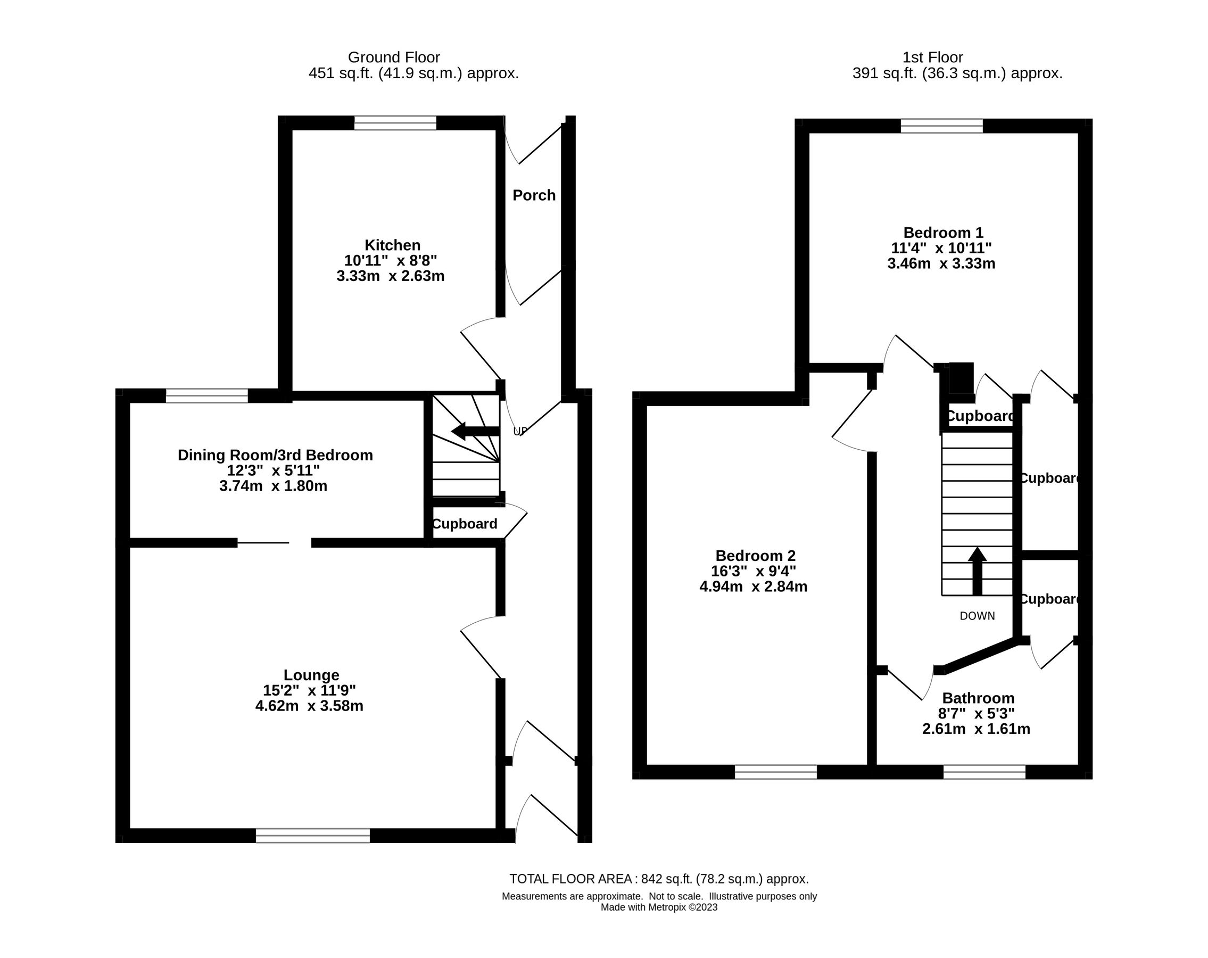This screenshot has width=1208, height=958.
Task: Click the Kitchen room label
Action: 392,245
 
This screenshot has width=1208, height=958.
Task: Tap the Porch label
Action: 534,195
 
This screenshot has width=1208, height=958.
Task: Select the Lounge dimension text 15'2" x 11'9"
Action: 309,690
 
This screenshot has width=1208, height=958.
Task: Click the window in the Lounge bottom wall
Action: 313,835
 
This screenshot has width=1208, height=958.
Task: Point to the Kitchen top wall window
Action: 395,123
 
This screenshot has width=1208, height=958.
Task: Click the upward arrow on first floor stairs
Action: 977,571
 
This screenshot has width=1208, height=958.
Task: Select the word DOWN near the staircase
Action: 977,616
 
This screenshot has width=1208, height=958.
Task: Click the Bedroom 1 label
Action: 943,233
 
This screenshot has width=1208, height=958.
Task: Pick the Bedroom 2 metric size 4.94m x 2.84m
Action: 753,587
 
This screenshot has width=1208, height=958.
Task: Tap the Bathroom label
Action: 978,698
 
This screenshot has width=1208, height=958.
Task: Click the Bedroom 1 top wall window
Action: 941,126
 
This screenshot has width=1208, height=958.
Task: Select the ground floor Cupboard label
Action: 465,524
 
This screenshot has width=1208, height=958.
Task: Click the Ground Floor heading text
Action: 394,57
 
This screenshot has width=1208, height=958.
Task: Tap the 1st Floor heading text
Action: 932,57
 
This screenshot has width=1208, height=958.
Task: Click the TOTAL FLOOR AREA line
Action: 658,879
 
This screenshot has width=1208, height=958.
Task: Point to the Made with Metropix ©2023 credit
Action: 658,907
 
